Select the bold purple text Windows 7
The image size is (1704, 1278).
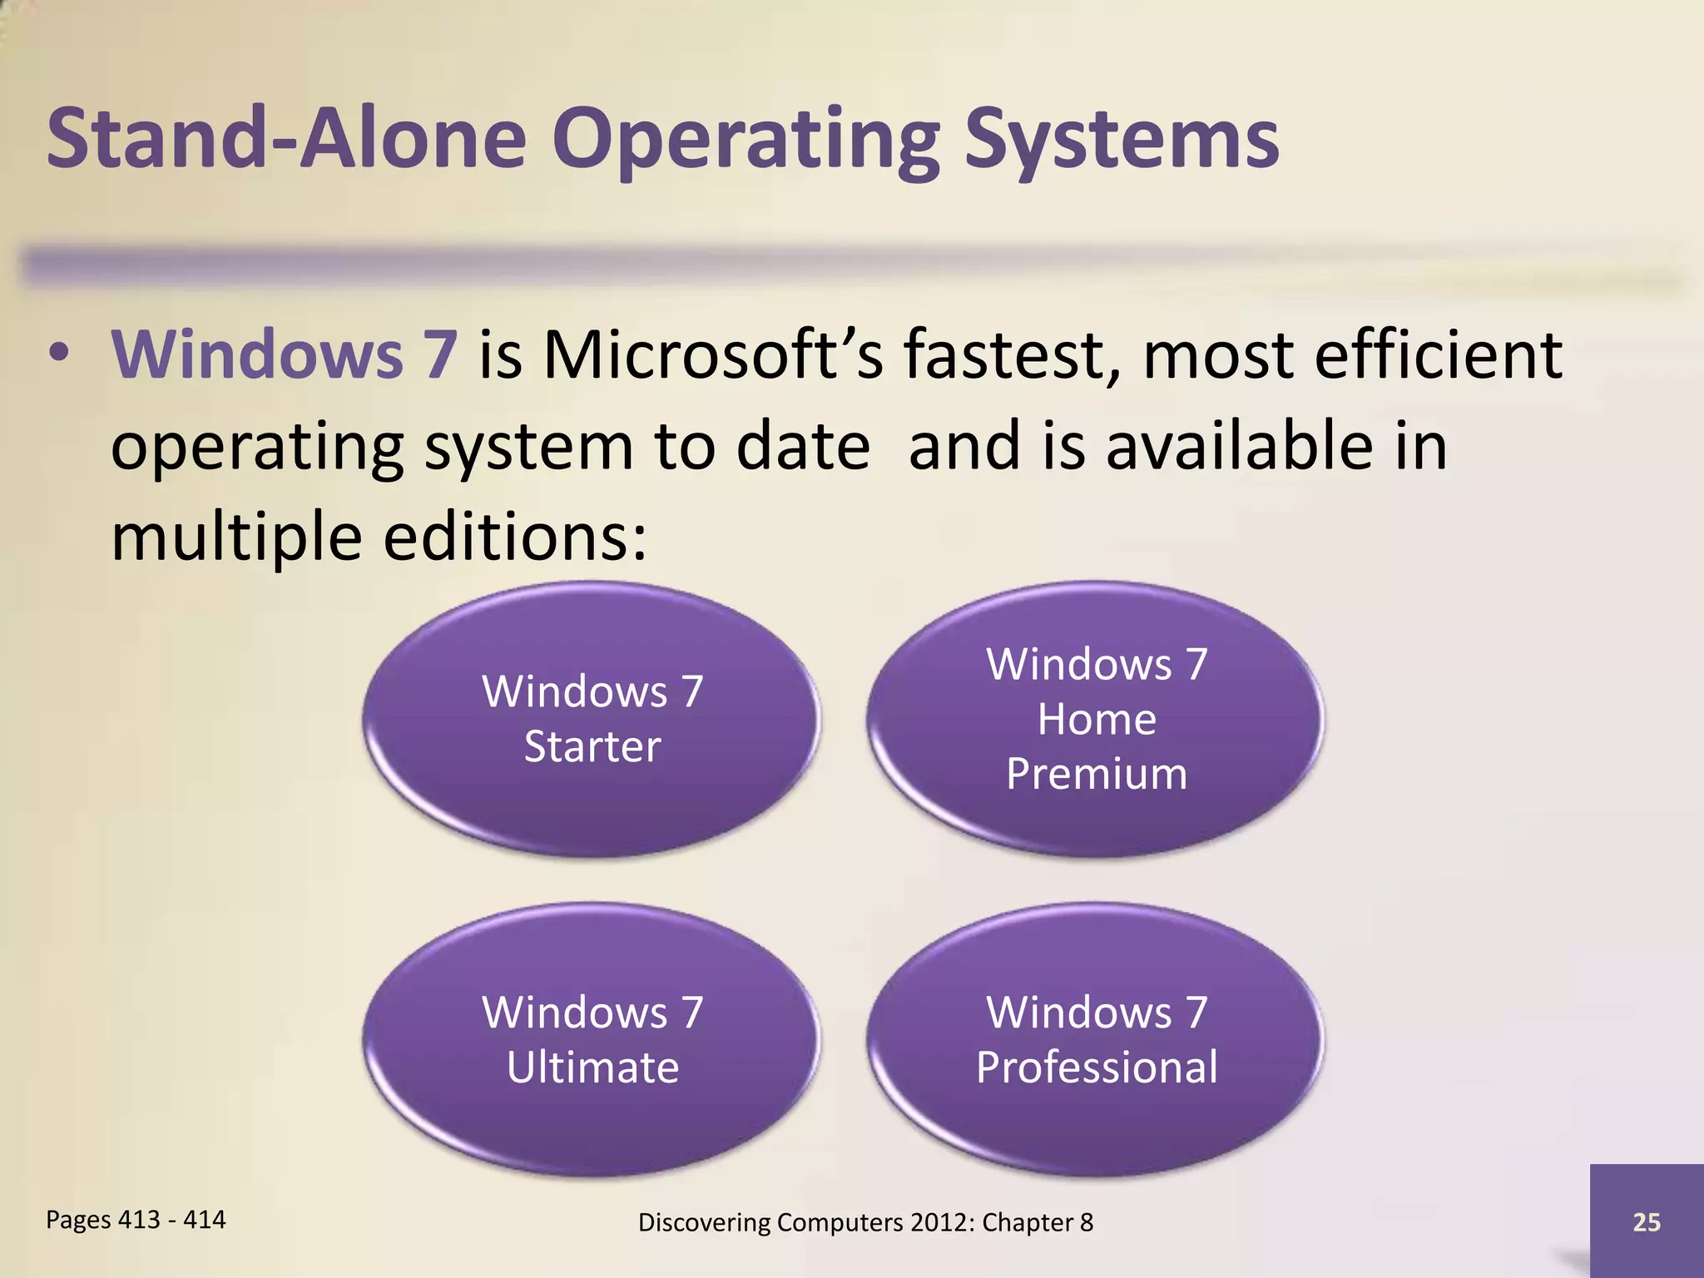tap(284, 354)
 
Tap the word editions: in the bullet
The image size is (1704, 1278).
tap(514, 537)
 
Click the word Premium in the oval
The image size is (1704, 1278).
tap(1096, 774)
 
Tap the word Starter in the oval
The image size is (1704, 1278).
tap(592, 746)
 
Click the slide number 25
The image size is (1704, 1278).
tap(1646, 1221)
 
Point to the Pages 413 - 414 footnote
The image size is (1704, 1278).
tap(136, 1220)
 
